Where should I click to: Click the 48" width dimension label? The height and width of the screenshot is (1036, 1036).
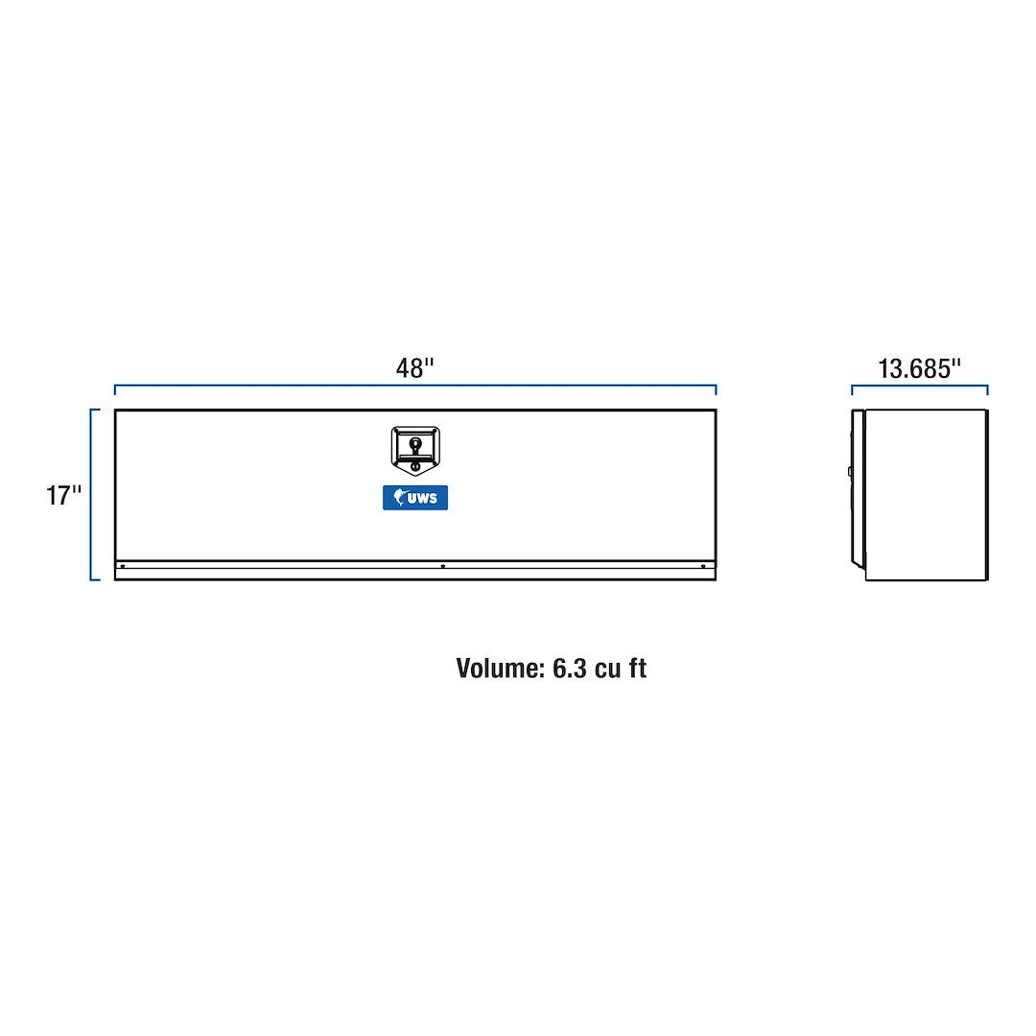click(x=415, y=368)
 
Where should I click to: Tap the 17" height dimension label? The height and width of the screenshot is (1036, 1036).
click(x=63, y=495)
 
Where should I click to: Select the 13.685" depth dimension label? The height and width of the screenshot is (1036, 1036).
click(x=919, y=368)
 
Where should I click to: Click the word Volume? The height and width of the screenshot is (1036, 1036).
click(x=500, y=668)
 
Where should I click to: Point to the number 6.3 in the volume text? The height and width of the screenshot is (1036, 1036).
click(x=570, y=669)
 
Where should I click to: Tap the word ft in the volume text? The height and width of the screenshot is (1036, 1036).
click(x=638, y=668)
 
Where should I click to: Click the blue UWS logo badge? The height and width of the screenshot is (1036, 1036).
click(x=415, y=498)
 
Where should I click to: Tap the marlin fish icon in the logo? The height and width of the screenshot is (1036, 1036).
click(x=399, y=496)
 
